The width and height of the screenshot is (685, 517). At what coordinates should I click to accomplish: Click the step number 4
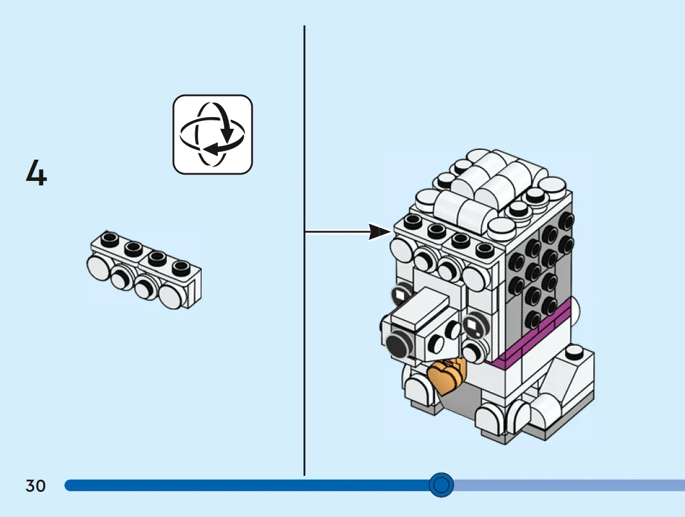point(36,173)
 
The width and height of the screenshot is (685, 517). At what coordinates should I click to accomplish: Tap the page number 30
point(35,485)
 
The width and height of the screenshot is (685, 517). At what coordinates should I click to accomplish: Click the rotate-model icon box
point(213,135)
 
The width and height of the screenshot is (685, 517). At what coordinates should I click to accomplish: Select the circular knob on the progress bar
point(441,485)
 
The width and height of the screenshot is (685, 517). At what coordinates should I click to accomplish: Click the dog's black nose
point(398,343)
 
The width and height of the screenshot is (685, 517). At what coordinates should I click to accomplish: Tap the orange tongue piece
point(447,375)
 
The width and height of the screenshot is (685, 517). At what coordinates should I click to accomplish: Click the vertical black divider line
point(305,250)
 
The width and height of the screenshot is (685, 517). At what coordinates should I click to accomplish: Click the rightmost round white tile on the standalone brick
point(171,296)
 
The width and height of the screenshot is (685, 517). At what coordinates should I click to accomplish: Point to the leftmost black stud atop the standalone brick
point(110,238)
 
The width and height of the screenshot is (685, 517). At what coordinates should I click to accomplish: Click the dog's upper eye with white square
point(401,294)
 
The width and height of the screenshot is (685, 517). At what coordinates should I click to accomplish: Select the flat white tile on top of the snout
point(420,311)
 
